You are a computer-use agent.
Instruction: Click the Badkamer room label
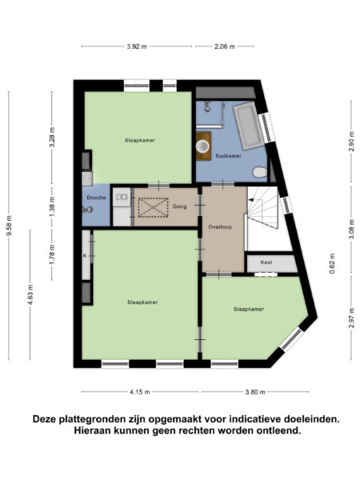pyautogui.click(x=229, y=155)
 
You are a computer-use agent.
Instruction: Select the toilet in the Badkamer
pyautogui.click(x=259, y=172)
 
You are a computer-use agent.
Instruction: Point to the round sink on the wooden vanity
pyautogui.click(x=203, y=147)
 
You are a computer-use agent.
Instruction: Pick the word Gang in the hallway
pyautogui.click(x=180, y=206)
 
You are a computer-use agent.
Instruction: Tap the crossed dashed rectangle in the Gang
pyautogui.click(x=152, y=208)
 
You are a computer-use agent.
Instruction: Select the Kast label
pyautogui.click(x=267, y=262)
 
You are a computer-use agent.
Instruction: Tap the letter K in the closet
pyautogui.click(x=85, y=256)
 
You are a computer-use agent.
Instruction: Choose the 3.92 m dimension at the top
pyautogui.click(x=138, y=46)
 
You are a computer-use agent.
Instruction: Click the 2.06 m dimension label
pyautogui.click(x=224, y=46)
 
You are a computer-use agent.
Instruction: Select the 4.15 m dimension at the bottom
pyautogui.click(x=141, y=392)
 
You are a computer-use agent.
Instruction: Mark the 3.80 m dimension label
pyautogui.click(x=255, y=392)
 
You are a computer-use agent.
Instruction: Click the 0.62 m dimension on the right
pyautogui.click(x=332, y=263)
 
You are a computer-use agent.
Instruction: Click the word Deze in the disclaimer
pyautogui.click(x=46, y=418)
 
